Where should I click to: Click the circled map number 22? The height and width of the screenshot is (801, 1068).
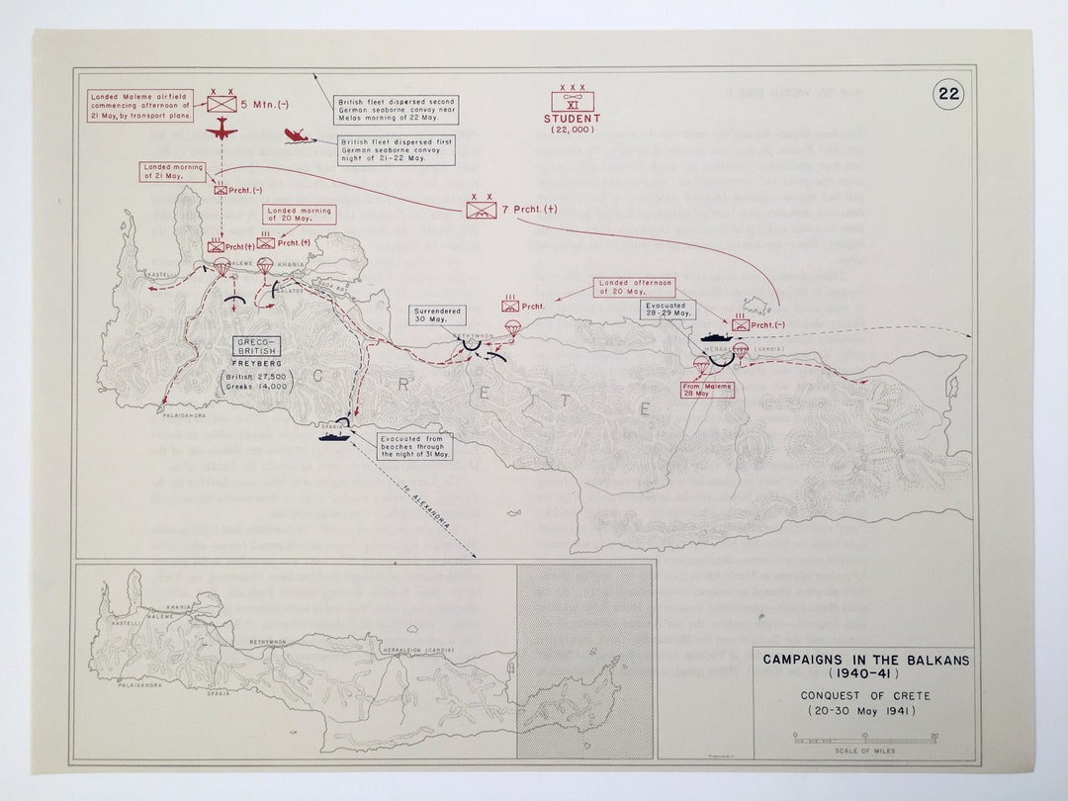point(948,94)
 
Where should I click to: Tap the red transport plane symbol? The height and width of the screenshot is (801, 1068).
point(222,131)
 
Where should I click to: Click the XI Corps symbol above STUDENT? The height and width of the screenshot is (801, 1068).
point(572,100)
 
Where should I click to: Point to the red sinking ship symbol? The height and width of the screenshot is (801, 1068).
point(296,136)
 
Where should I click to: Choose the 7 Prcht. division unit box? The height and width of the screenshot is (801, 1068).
point(482,210)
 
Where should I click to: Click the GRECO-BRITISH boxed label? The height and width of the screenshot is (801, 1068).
point(257,346)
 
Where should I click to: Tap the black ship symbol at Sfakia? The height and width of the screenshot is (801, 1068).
point(331,432)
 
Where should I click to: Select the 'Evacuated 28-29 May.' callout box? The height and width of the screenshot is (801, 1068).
point(667,311)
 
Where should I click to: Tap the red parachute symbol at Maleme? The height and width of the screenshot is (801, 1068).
point(222,267)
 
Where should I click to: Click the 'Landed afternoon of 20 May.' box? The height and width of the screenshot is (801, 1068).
point(635,288)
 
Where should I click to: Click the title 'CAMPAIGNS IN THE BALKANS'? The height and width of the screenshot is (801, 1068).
point(865,660)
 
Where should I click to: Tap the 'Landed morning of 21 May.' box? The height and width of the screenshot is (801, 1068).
point(173,172)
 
